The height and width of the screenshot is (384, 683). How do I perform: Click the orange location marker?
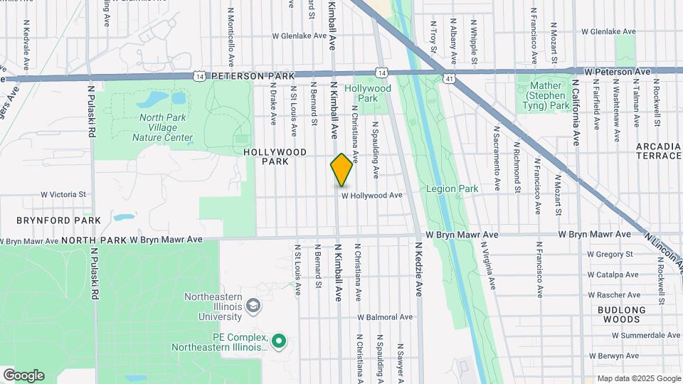pyautogui.click(x=342, y=170)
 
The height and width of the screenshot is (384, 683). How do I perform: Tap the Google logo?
pyautogui.click(x=23, y=375)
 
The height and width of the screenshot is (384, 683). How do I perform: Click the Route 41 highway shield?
pyautogui.click(x=448, y=78)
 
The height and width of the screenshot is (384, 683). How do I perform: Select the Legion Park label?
pyautogui.click(x=452, y=188)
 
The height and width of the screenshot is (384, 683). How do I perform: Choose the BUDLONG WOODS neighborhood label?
pyautogui.click(x=621, y=314)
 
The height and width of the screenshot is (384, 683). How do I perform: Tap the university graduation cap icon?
pyautogui.click(x=253, y=306)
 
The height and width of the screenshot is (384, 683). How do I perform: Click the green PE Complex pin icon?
pyautogui.click(x=280, y=342)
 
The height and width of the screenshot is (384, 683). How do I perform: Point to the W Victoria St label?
pyautogui.click(x=63, y=193)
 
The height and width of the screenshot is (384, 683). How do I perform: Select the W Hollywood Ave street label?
pyautogui.click(x=372, y=195)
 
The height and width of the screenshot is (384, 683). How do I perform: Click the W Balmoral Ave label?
pyautogui.click(x=385, y=317)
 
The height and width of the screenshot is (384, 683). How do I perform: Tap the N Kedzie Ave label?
pyautogui.click(x=419, y=270)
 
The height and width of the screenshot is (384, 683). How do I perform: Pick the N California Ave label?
pyautogui.click(x=576, y=112)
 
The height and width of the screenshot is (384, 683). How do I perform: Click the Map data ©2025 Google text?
pyautogui.click(x=639, y=378)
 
